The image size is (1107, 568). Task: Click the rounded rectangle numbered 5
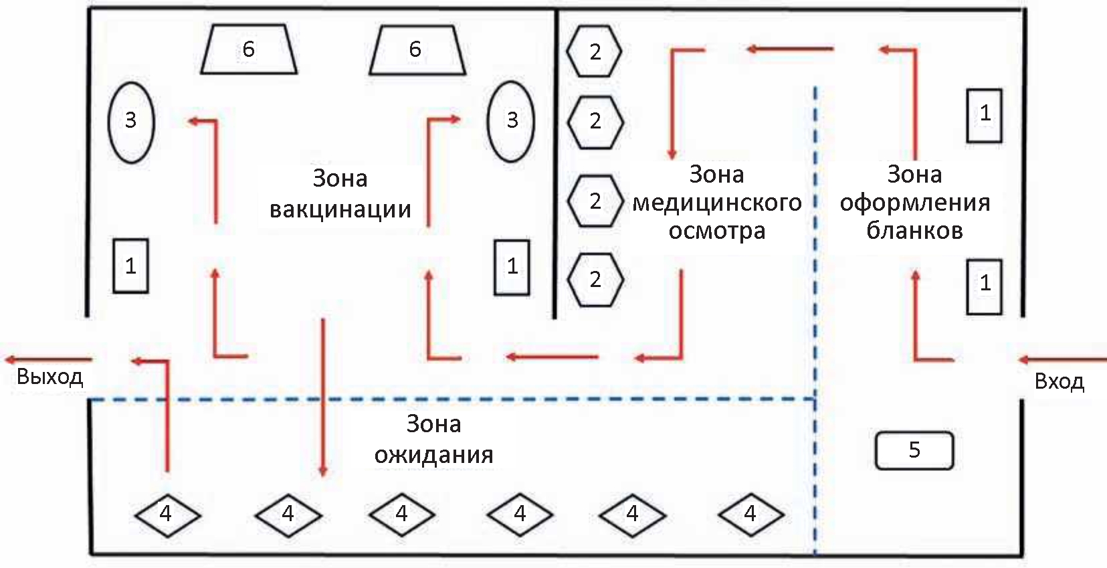(914, 450)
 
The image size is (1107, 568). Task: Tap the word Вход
(1059, 381)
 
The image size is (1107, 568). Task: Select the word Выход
(49, 377)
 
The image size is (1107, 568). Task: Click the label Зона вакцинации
(340, 194)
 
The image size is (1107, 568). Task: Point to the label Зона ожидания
(433, 439)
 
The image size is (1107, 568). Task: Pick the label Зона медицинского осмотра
(716, 202)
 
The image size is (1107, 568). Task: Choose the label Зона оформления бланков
(914, 202)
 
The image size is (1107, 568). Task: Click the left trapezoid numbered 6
(249, 49)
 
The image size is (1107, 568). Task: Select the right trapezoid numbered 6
(417, 49)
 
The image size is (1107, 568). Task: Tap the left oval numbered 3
(131, 122)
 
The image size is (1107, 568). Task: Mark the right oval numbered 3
(512, 121)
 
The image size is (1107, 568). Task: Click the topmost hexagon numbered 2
(595, 52)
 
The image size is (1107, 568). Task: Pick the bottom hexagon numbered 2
(595, 280)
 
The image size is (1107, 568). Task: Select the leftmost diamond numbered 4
(167, 514)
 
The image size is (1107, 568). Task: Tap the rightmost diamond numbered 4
(750, 514)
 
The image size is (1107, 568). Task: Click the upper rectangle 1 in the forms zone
(984, 115)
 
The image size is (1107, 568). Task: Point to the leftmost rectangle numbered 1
(130, 266)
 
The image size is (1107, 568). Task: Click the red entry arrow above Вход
(1062, 360)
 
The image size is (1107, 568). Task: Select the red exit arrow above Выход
(48, 360)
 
